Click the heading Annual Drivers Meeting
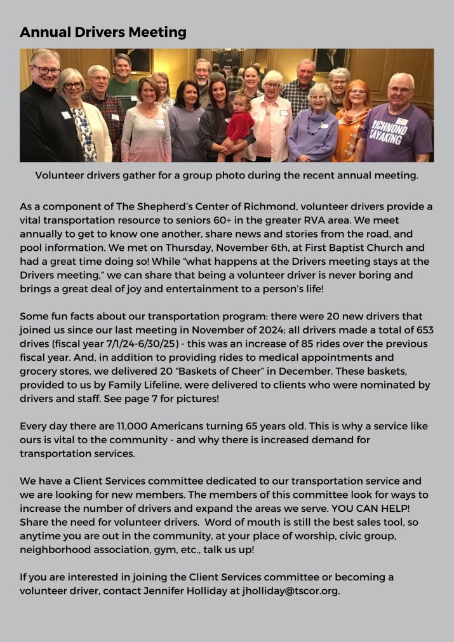tap(103, 32)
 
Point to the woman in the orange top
tap(353, 124)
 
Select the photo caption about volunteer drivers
tap(227, 175)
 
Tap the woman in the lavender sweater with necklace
tap(314, 127)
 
